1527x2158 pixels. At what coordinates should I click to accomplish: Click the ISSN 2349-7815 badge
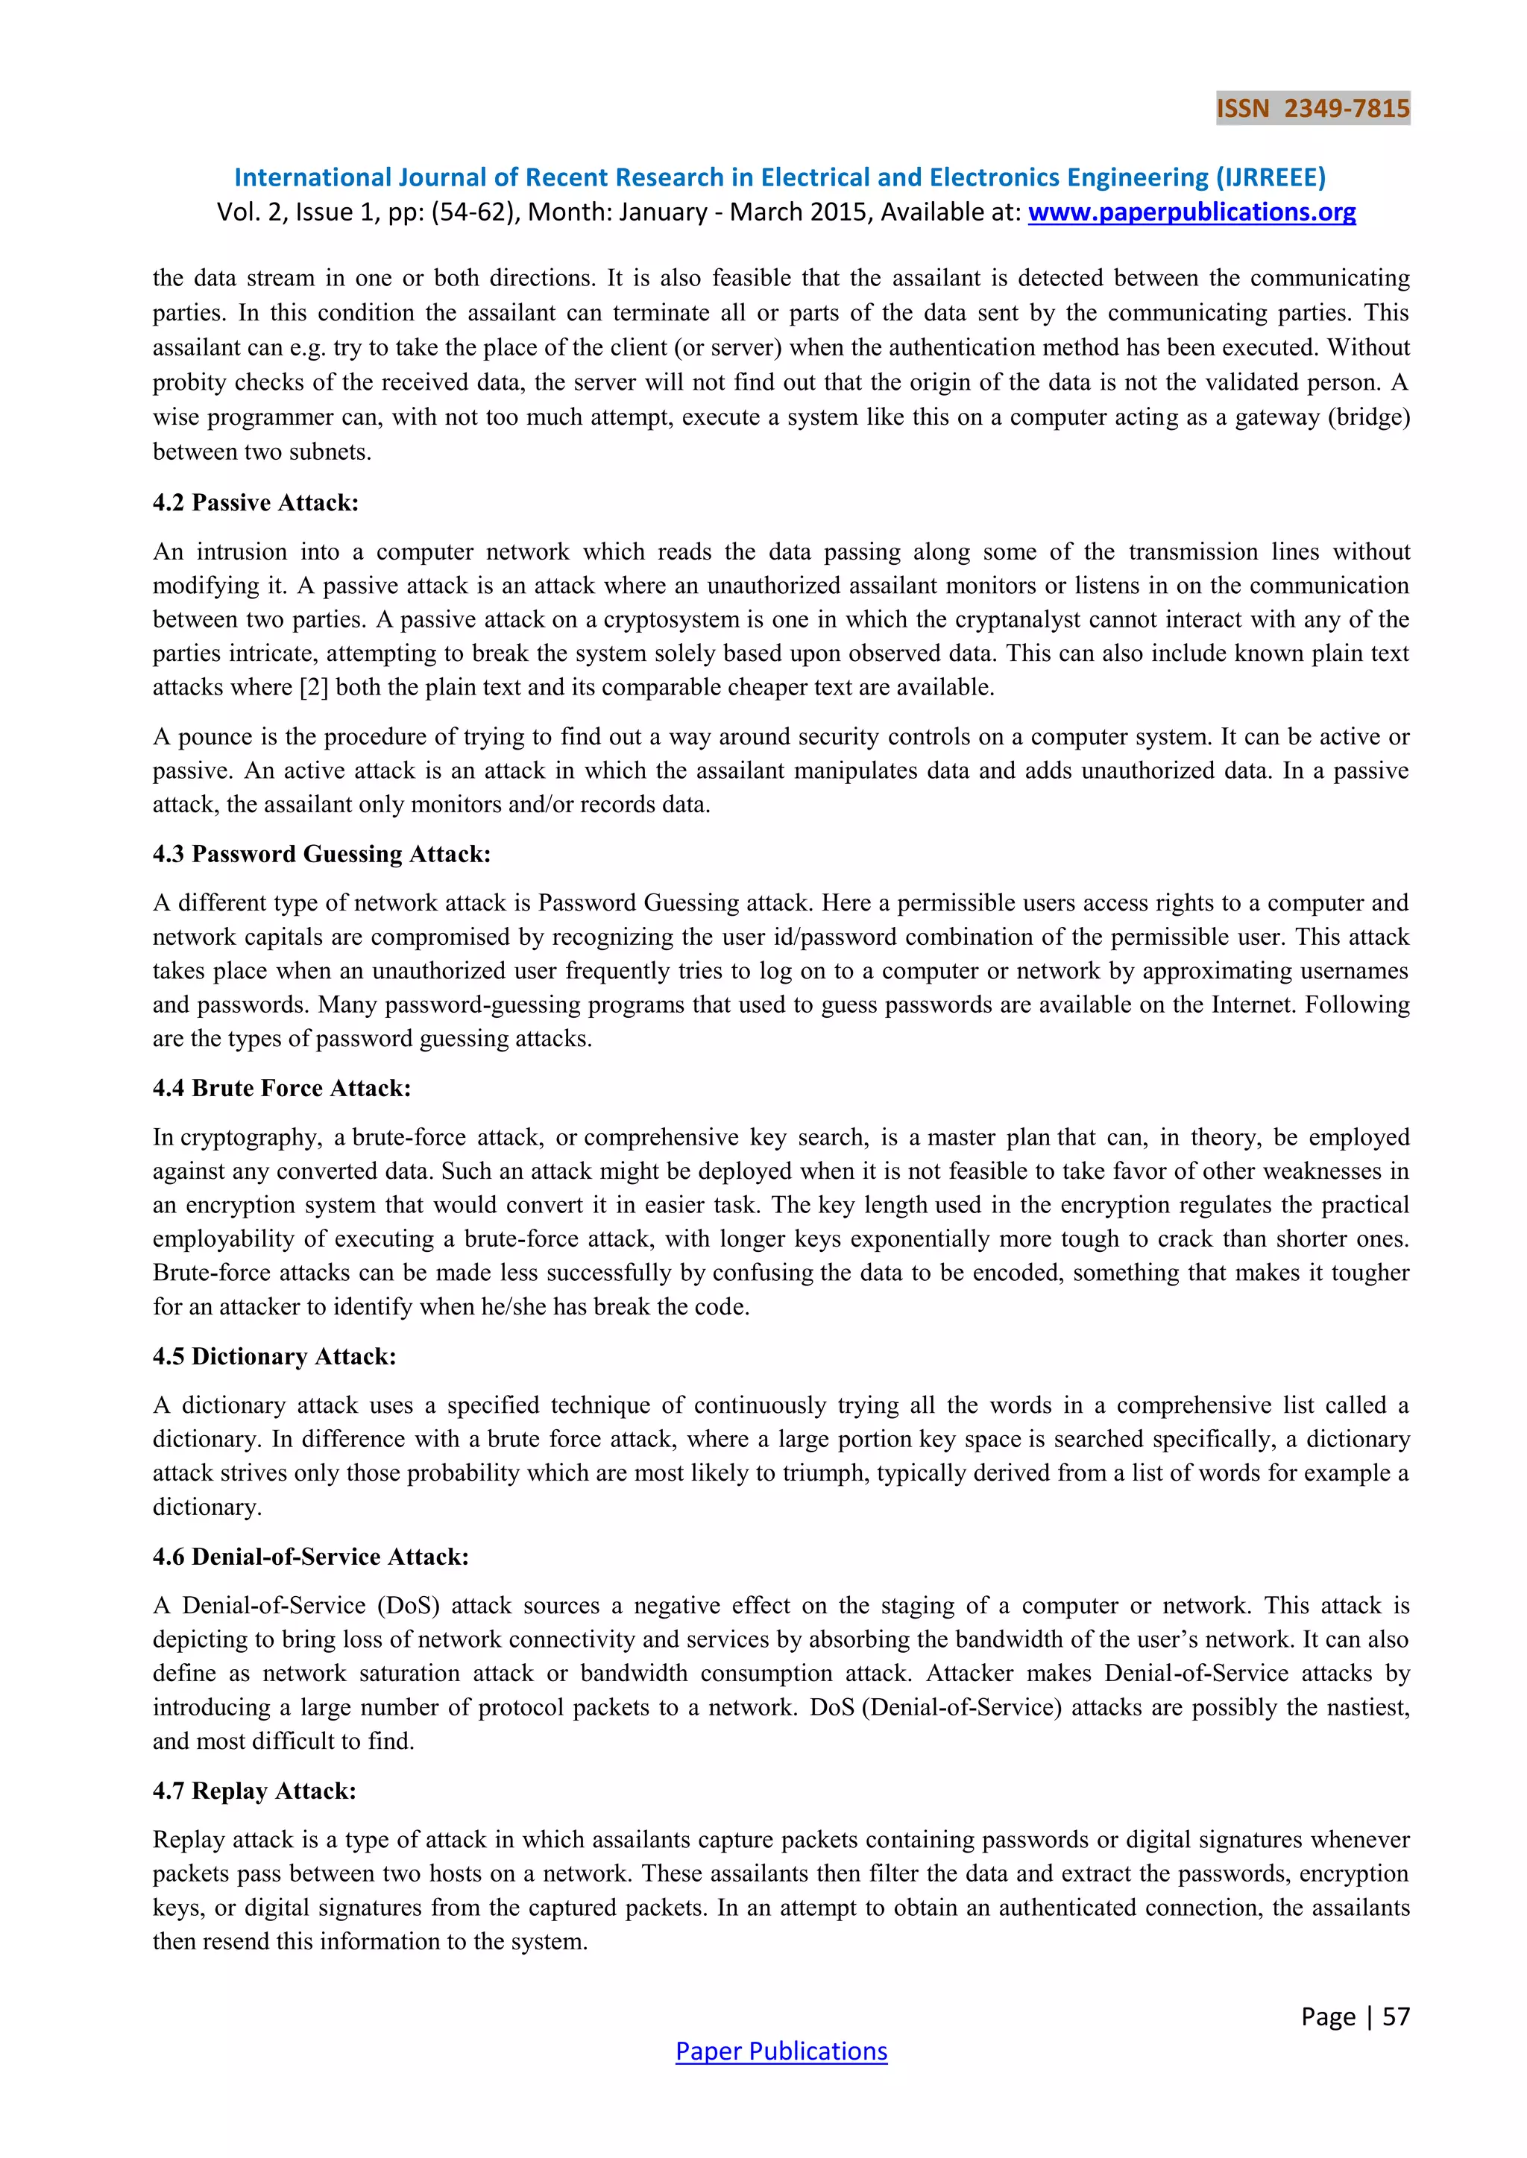pyautogui.click(x=1312, y=108)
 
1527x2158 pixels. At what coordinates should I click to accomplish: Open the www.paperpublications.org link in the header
pyautogui.click(x=1191, y=212)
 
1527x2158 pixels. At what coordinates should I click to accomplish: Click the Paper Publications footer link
pyautogui.click(x=781, y=2051)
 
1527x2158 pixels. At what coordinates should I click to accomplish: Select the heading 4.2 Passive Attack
pyautogui.click(x=256, y=503)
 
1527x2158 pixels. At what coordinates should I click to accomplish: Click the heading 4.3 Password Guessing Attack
pyautogui.click(x=321, y=855)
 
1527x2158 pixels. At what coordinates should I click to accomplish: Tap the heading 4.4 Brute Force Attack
pyautogui.click(x=282, y=1089)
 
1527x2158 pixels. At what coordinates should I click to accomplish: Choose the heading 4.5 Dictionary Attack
pyautogui.click(x=274, y=1356)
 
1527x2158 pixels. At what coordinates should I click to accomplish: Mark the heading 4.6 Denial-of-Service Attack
pyautogui.click(x=310, y=1557)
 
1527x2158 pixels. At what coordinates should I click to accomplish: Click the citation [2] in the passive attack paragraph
pyautogui.click(x=314, y=688)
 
